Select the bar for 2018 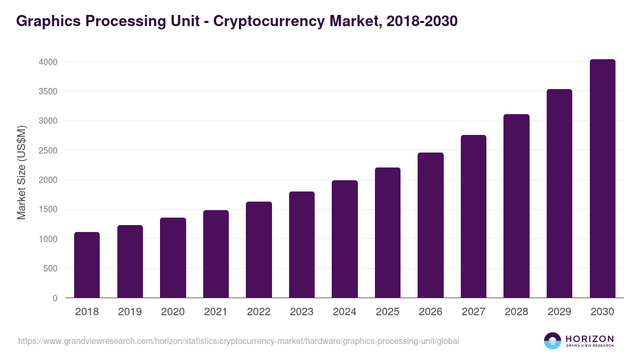click(87, 265)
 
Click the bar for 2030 click(602, 179)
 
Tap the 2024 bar click(345, 239)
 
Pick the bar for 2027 click(474, 217)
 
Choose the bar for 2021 click(216, 254)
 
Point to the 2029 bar click(559, 194)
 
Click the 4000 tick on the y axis click(48, 62)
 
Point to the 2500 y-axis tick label click(48, 150)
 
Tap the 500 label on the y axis click(51, 268)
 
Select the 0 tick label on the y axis click(55, 298)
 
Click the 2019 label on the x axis click(130, 312)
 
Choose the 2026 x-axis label click(430, 312)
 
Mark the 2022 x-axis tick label click(259, 312)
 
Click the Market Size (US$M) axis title click(21, 173)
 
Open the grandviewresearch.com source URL click(238, 341)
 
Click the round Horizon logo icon click(553, 341)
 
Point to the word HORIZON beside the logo click(589, 338)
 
